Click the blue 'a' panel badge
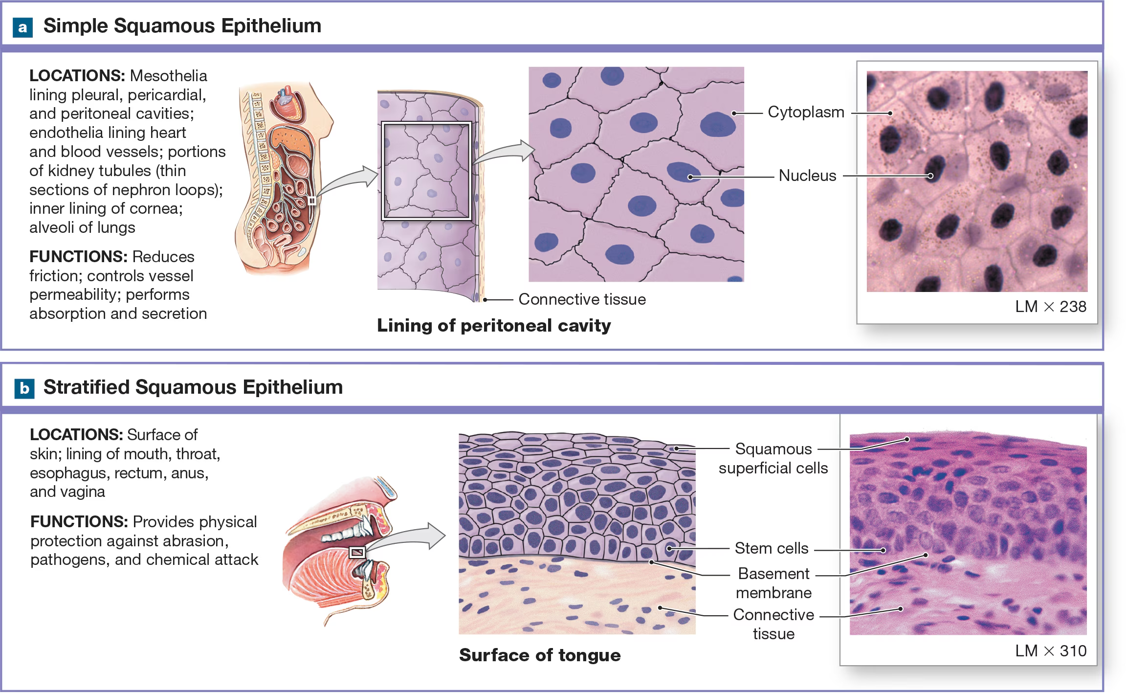pyautogui.click(x=22, y=27)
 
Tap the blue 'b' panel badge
pyautogui.click(x=24, y=389)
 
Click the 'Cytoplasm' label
pyautogui.click(x=806, y=112)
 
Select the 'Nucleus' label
pyautogui.click(x=807, y=176)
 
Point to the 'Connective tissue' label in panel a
pyautogui.click(x=582, y=299)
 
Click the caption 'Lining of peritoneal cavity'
pyautogui.click(x=494, y=326)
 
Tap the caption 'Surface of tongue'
pyautogui.click(x=540, y=655)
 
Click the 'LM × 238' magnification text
pyautogui.click(x=1050, y=307)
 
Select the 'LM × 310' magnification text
pyautogui.click(x=1050, y=651)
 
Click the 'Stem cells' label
pyautogui.click(x=772, y=548)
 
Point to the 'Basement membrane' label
pyautogui.click(x=773, y=583)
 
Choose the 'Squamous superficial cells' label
pyautogui.click(x=773, y=458)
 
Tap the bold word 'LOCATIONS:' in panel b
pyautogui.click(x=76, y=435)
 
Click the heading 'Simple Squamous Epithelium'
pyautogui.click(x=182, y=26)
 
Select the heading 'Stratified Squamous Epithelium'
pyautogui.click(x=193, y=387)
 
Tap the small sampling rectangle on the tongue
pyautogui.click(x=357, y=552)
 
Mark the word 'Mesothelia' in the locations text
pyautogui.click(x=169, y=76)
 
